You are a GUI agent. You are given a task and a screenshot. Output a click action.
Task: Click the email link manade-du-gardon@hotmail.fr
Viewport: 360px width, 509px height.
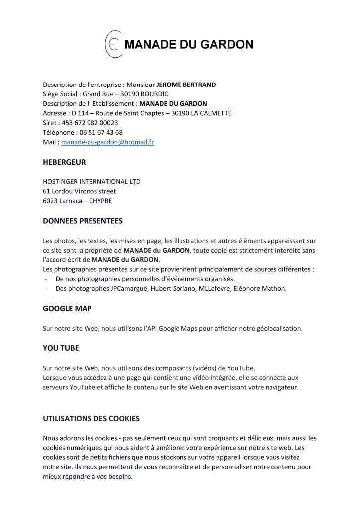click(x=107, y=142)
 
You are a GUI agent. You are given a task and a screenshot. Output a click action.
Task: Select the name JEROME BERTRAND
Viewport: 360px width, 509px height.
click(x=186, y=85)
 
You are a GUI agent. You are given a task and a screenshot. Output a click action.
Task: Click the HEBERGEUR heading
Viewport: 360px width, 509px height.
click(x=65, y=162)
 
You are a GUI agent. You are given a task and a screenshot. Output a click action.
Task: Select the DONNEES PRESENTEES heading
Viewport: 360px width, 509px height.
click(x=83, y=220)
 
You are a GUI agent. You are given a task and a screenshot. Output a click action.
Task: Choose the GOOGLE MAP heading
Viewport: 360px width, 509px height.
click(x=67, y=308)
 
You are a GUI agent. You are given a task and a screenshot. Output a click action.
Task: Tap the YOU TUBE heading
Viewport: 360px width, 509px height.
click(x=61, y=348)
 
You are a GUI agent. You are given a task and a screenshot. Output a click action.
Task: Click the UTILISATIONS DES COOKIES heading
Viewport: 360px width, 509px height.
click(x=91, y=419)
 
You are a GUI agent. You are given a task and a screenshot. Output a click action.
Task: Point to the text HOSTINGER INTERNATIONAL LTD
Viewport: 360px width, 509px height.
click(x=91, y=181)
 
